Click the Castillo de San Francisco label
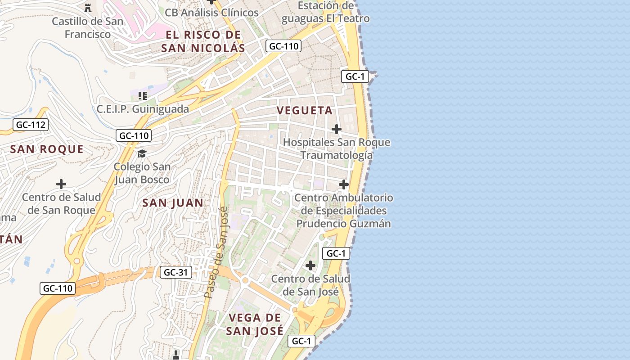tap(87, 27)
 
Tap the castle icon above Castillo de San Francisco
tap(88, 8)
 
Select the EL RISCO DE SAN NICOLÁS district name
tap(203, 41)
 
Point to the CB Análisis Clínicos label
tap(211, 13)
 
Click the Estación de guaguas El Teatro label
tap(325, 12)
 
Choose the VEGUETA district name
tap(305, 110)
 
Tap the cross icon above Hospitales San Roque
tap(336, 130)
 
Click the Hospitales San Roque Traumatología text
tap(337, 149)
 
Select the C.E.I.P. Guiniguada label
tap(143, 109)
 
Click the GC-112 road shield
tap(31, 125)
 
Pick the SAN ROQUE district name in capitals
tap(47, 149)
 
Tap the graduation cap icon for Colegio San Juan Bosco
tap(142, 153)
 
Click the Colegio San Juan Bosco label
tap(142, 173)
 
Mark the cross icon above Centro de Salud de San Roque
tap(61, 184)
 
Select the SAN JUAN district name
tap(173, 203)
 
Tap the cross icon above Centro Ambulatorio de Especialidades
tap(344, 184)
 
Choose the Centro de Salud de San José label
tap(310, 285)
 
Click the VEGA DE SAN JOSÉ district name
tap(255, 324)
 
